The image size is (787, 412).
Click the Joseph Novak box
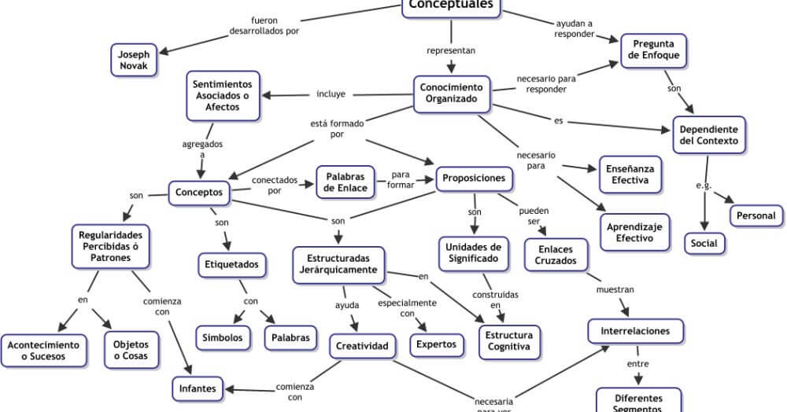pyautogui.click(x=134, y=61)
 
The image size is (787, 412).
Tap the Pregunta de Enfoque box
pyautogui.click(x=653, y=50)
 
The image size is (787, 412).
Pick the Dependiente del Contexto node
pyautogui.click(x=708, y=134)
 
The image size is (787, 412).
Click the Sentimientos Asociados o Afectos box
pyautogui.click(x=223, y=95)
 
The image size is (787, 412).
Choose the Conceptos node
pyautogui.click(x=199, y=192)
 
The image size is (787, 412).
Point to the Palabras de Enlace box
pyautogui.click(x=345, y=182)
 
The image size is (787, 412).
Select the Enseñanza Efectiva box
pyautogui.click(x=630, y=174)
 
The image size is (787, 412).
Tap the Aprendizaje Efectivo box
pyautogui.click(x=637, y=232)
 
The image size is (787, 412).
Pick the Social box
pyautogui.click(x=704, y=243)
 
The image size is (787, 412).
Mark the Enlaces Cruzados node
pyautogui.click(x=556, y=256)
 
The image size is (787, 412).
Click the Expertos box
pyautogui.click(x=436, y=344)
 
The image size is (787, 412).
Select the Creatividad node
pyautogui.click(x=362, y=345)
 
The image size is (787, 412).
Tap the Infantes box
pyautogui.click(x=198, y=388)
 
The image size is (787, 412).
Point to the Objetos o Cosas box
pyautogui.click(x=131, y=350)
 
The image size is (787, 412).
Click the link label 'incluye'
pyautogui.click(x=331, y=94)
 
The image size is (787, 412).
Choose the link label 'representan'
pyautogui.click(x=451, y=51)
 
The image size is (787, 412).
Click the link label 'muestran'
pyautogui.click(x=615, y=289)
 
